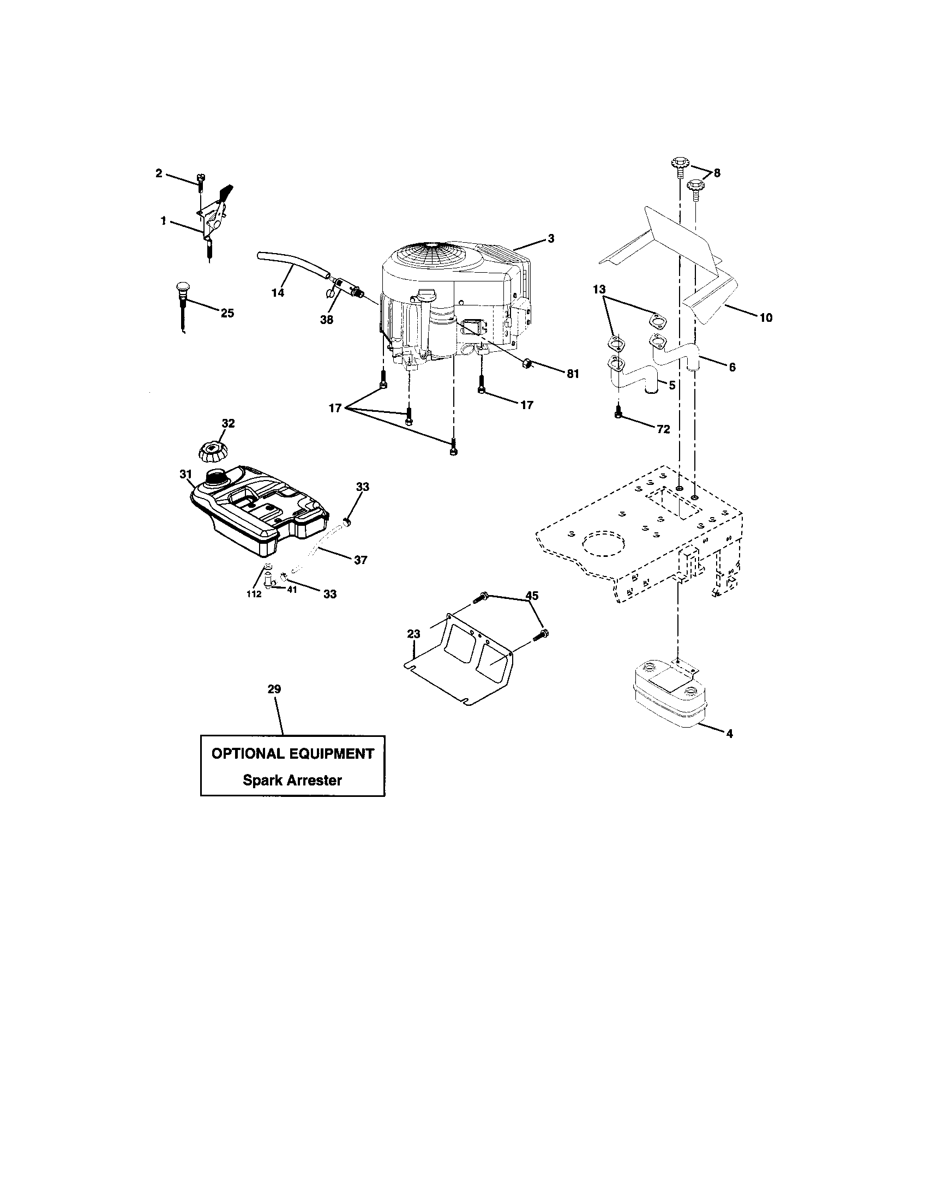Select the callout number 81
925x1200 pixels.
(x=573, y=374)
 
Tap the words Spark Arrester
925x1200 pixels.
(x=292, y=780)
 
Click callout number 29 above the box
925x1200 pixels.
(x=274, y=689)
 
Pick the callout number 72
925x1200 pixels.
(x=664, y=430)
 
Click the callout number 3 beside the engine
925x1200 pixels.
(x=551, y=238)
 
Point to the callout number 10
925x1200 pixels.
(x=766, y=317)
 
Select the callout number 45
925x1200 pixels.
(x=532, y=596)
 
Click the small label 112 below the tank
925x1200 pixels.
(x=254, y=594)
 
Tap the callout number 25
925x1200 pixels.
(x=227, y=313)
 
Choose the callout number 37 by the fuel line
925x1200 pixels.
(x=361, y=560)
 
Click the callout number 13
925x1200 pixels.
(x=599, y=290)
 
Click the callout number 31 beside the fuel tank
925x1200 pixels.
(x=185, y=473)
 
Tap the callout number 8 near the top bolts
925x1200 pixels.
(x=717, y=173)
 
